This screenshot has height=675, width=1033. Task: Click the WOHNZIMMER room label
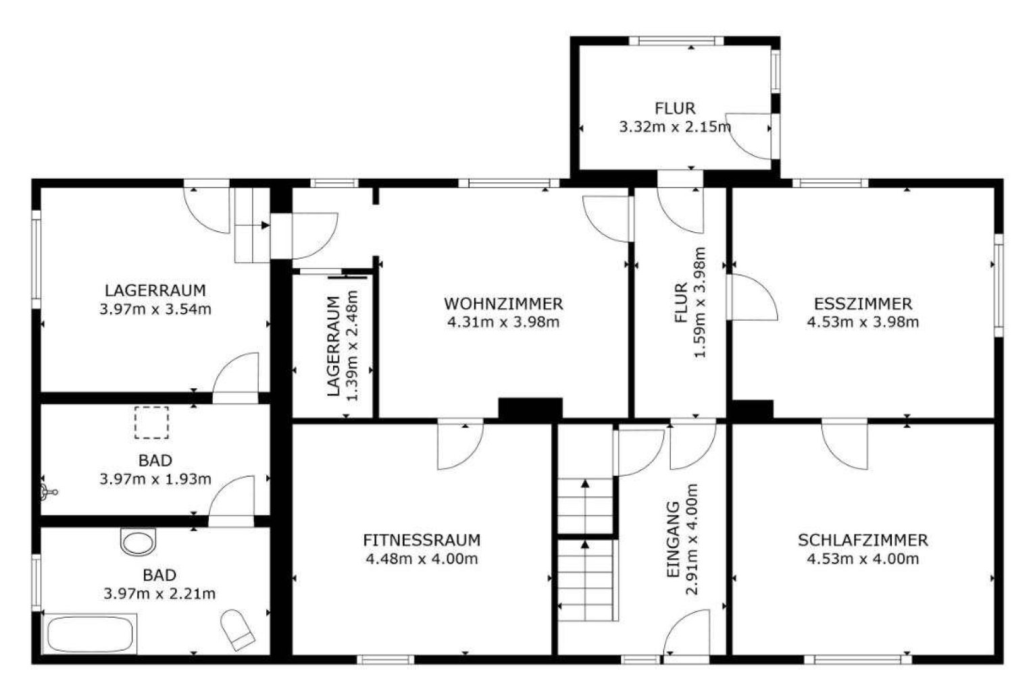503,304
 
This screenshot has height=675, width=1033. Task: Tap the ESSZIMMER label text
863,304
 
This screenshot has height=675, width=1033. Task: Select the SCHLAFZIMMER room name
863,540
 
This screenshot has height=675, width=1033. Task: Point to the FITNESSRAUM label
422,540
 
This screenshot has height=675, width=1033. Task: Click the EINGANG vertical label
674,539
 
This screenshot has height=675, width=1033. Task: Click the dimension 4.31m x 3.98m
503,322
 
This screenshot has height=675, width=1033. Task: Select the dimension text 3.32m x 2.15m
675,127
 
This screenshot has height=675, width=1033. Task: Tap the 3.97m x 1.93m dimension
155,479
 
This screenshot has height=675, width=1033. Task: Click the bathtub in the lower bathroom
90,634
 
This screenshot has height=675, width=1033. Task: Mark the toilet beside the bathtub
238,630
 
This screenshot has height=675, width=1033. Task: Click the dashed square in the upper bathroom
152,423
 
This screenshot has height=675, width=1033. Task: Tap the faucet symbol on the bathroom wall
48,492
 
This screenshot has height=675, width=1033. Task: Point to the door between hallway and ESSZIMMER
752,297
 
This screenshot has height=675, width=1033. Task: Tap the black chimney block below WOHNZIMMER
530,410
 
